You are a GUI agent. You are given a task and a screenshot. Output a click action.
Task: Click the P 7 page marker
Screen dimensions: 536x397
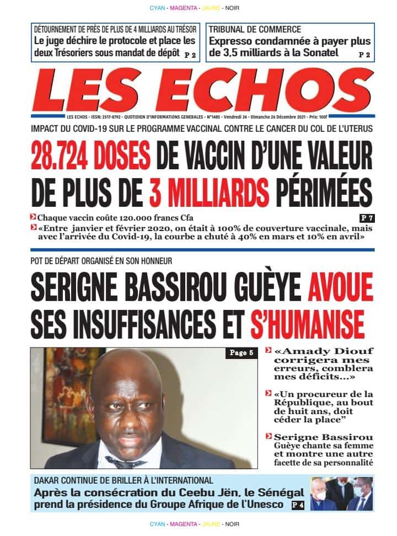pyautogui.click(x=366, y=218)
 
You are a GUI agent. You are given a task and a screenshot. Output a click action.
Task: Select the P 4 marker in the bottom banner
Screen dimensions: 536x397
pyautogui.click(x=297, y=504)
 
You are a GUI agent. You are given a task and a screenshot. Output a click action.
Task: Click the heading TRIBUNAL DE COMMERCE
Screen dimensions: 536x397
pyautogui.click(x=255, y=30)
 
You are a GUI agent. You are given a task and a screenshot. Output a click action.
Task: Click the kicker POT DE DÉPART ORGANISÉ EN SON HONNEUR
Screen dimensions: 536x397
pyautogui.click(x=102, y=260)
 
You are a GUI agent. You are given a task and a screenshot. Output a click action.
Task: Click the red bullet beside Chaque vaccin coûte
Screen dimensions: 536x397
pyautogui.click(x=34, y=217)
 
